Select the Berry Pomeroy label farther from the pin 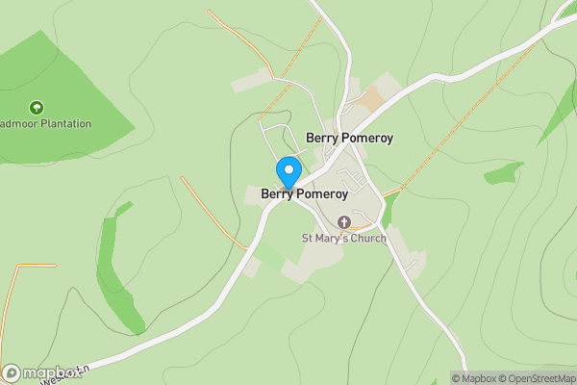click(x=349, y=138)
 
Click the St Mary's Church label click(x=344, y=238)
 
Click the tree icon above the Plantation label click(x=37, y=107)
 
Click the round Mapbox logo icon click(x=13, y=372)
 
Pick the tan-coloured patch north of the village click(x=372, y=97)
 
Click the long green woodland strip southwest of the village click(x=118, y=269)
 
